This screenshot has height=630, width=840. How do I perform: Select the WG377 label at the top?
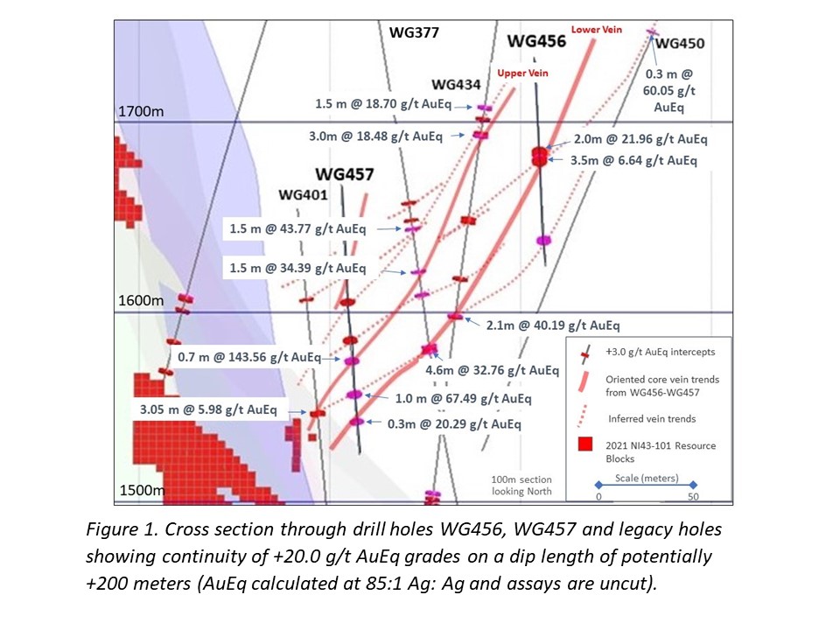coord(414,32)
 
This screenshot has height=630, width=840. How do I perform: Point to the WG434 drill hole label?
coord(456,84)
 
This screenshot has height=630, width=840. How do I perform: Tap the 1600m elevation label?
coord(141,300)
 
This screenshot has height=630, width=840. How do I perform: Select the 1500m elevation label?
coord(140,491)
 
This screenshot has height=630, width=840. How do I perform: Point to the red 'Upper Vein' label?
coord(522,73)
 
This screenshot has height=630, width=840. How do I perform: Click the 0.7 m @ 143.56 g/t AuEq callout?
coord(249,358)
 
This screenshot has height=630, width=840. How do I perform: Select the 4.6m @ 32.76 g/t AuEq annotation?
coord(492,370)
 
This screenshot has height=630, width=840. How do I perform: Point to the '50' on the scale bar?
coord(692,496)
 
